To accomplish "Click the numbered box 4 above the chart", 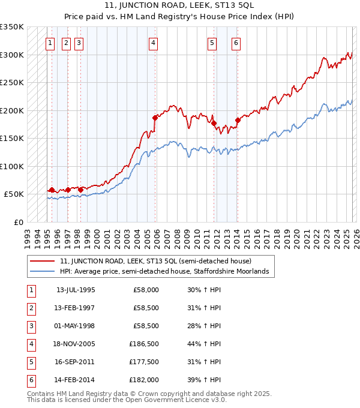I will coord(154,43).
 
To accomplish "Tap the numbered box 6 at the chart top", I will coord(236,43).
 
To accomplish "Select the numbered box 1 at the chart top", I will coord(50,43).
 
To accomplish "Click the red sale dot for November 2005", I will coord(155,118).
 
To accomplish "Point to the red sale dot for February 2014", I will coord(237,121).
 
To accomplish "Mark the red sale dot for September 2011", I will coord(213,123).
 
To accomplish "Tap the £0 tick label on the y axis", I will coord(18,222).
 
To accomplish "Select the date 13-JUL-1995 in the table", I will coord(76,290).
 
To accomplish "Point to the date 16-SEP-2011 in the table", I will coord(76,362).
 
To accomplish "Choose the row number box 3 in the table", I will coord(30,326).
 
